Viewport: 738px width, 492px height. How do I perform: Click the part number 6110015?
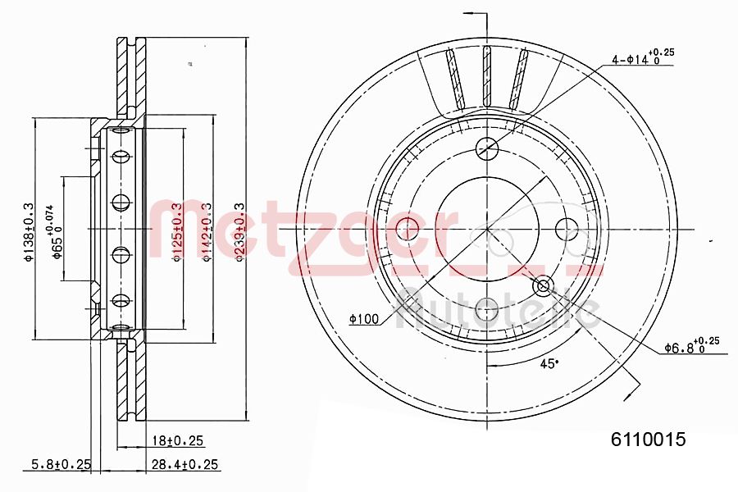click(648, 439)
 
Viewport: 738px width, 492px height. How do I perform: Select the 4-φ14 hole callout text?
click(642, 58)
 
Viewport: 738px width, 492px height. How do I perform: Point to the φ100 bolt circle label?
click(363, 319)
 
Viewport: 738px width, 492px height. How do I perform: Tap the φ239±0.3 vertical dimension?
click(239, 232)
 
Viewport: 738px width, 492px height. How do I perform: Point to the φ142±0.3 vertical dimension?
click(207, 232)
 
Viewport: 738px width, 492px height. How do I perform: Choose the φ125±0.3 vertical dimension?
click(175, 232)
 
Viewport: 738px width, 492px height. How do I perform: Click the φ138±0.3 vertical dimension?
click(28, 232)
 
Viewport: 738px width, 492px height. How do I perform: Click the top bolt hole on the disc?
click(487, 148)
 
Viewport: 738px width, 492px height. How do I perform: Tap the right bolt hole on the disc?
click(567, 227)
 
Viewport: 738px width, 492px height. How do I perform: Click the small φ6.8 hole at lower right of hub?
click(542, 286)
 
